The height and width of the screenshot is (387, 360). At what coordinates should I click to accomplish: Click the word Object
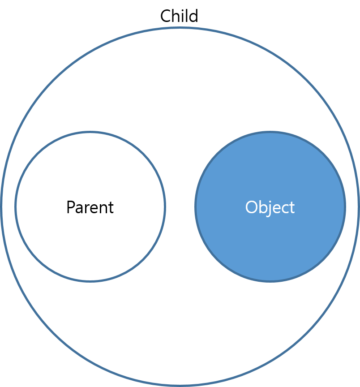point(270,207)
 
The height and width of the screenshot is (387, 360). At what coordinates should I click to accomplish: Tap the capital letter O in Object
point(252,207)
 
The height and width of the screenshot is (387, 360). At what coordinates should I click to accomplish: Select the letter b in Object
point(262,207)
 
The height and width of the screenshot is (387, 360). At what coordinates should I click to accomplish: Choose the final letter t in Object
point(291,208)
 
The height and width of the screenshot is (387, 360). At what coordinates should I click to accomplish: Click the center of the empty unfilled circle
point(90,206)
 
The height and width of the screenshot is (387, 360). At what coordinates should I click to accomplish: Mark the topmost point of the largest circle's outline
point(180,28)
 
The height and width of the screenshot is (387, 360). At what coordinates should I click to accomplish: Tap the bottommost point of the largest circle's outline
point(180,385)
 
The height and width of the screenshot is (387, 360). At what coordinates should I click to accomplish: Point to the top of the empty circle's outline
point(90,132)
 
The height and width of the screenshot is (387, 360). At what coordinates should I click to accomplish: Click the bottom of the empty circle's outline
point(90,281)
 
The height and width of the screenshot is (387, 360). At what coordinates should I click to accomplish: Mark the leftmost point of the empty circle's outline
point(16,206)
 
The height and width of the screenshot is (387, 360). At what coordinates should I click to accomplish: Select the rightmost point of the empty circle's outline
point(165,206)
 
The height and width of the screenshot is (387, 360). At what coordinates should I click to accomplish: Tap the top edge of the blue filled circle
point(270,132)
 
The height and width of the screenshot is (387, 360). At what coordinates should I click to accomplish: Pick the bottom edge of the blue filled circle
point(270,281)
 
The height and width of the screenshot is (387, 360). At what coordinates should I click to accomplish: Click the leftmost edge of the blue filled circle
point(196,206)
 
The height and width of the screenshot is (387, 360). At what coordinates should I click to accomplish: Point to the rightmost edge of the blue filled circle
point(345,206)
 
